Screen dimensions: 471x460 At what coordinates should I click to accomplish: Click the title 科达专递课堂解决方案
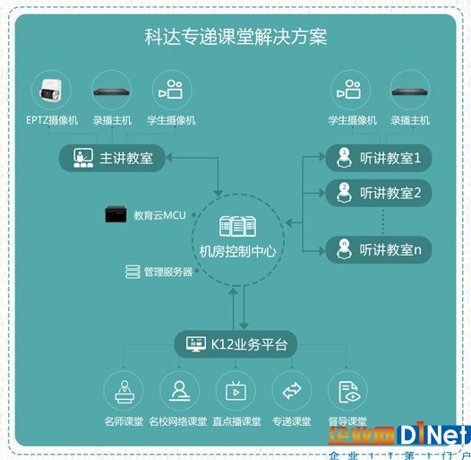point(235,37)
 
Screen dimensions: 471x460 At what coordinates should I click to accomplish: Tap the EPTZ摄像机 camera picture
point(51,90)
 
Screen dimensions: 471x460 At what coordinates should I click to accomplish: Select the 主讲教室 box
point(112,158)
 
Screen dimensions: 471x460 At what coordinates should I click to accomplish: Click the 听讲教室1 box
point(379,158)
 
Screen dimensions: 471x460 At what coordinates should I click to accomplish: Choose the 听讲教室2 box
point(379,193)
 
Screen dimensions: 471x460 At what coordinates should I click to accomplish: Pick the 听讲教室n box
point(379,249)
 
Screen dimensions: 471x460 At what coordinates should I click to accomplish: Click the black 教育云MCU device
point(116,214)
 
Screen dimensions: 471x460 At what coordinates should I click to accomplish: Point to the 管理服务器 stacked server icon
point(133,272)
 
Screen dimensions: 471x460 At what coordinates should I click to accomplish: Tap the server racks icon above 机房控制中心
point(237,226)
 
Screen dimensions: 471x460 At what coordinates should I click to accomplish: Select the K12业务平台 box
point(235,344)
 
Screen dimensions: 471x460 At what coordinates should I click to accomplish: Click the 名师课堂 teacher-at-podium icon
point(124,391)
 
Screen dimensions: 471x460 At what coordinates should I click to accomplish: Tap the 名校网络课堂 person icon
point(180,391)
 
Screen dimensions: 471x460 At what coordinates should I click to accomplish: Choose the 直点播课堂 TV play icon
point(235,391)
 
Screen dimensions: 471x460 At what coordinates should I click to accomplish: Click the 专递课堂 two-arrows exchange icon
point(292,390)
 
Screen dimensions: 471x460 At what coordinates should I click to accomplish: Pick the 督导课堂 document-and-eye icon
point(348,392)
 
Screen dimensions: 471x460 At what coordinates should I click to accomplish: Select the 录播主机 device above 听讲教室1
point(410,91)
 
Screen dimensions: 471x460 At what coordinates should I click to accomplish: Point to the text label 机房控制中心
point(237,251)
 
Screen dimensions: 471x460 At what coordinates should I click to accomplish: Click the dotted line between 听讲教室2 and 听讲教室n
point(382,221)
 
